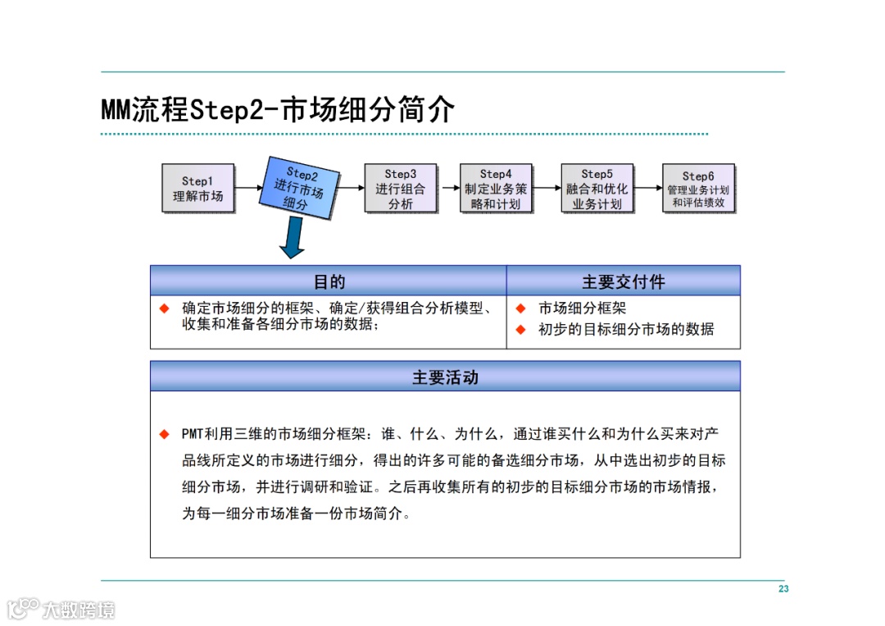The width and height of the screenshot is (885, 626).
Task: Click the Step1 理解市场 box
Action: click(197, 189)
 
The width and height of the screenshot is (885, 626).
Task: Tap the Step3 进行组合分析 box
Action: click(401, 189)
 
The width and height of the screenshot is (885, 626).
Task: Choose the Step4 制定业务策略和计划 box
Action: click(496, 189)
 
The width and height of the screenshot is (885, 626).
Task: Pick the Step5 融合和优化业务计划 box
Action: click(597, 189)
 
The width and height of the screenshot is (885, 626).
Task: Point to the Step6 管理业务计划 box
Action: click(698, 189)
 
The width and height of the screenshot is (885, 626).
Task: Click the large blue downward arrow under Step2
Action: click(292, 239)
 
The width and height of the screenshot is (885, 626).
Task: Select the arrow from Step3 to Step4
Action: click(448, 188)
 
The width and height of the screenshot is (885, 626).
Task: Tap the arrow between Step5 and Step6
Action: click(647, 188)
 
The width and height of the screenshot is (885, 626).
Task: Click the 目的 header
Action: click(329, 281)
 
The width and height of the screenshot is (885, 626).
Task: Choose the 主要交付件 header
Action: click(623, 281)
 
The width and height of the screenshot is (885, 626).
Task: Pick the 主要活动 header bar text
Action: click(445, 377)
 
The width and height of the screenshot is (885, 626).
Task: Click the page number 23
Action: click(783, 589)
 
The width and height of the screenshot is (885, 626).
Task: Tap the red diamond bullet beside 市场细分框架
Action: click(520, 309)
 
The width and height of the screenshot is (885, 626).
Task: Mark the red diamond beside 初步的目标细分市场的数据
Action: click(520, 330)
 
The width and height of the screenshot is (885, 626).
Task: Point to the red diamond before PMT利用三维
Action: click(165, 433)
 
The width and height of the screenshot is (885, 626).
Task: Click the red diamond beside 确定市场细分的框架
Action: click(165, 309)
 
